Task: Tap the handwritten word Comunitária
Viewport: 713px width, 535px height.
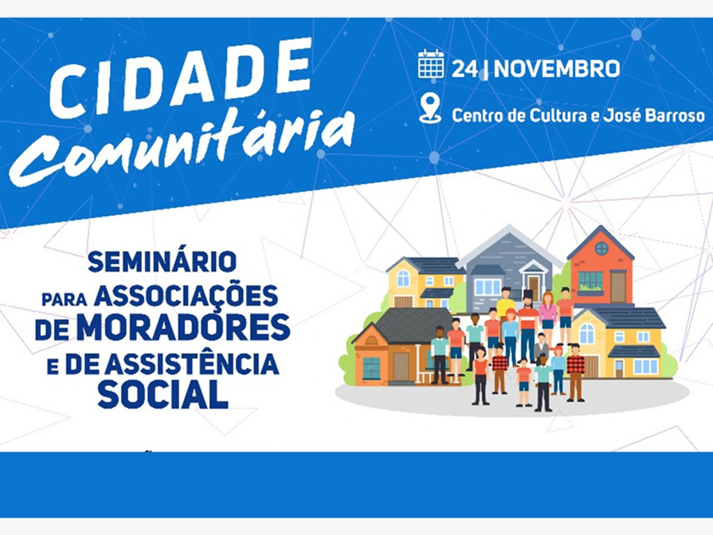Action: [182, 146]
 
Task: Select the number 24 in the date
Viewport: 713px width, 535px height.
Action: [464, 69]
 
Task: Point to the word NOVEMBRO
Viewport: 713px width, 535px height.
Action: [557, 69]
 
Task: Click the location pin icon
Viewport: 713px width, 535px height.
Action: [430, 108]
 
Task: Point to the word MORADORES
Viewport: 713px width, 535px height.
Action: [183, 327]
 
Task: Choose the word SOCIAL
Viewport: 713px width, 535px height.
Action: [162, 394]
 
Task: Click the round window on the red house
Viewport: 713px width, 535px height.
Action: [602, 249]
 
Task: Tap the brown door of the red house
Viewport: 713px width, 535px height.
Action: [618, 286]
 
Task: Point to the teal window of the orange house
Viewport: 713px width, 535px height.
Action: [372, 368]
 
